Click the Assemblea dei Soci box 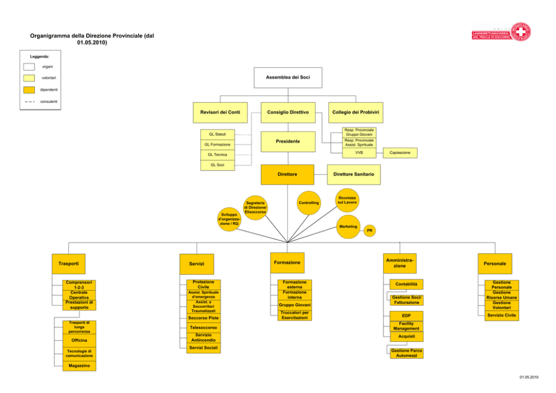coord(288,78)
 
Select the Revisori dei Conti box coord(220,113)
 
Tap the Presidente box coord(288,141)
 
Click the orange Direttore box coord(288,174)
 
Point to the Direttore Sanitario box coord(354,174)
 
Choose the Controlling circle coord(308,203)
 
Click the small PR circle coord(369,230)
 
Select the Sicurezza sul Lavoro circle coord(347,200)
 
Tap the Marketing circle coord(348,226)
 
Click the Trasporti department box coord(68,264)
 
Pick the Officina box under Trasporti coord(79,340)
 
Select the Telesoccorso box coord(203,328)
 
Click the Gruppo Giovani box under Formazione coord(295,305)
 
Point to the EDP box coord(406,316)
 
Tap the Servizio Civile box coord(502,315)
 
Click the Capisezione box coord(400,153)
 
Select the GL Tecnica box coord(217,155)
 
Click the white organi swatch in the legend coord(29,67)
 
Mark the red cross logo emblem coord(520,33)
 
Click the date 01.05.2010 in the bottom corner coord(529,377)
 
